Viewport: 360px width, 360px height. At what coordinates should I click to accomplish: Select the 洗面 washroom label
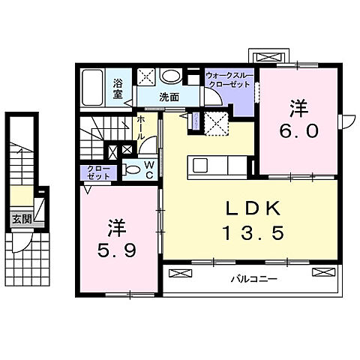(168, 97)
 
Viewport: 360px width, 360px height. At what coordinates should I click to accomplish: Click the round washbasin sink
(171, 76)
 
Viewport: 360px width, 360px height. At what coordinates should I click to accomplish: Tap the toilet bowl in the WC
(133, 170)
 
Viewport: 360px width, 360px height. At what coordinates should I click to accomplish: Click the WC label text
(149, 169)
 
